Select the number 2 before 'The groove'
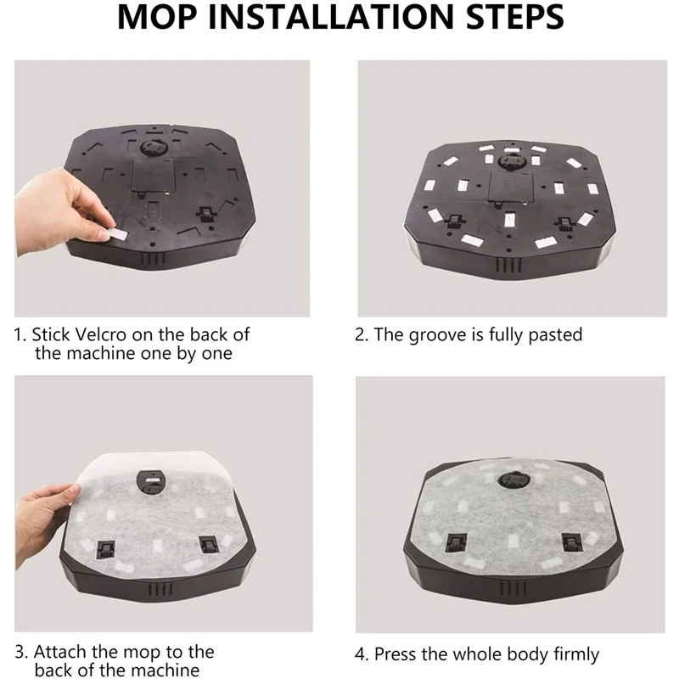click(360, 334)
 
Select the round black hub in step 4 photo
click(512, 479)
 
